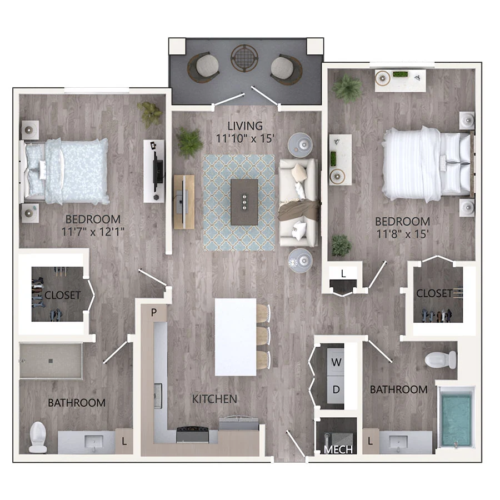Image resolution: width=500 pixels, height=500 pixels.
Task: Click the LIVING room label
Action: (245, 126)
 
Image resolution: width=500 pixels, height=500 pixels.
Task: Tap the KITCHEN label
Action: (214, 399)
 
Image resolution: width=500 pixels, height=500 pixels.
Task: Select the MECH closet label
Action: (338, 449)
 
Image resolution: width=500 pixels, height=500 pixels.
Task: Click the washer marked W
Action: (336, 362)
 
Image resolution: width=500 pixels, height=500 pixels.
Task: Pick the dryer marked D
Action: (336, 389)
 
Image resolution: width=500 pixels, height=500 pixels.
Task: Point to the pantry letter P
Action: (154, 313)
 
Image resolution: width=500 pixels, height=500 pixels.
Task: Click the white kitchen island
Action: (236, 337)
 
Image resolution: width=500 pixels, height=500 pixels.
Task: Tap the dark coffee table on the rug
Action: (244, 202)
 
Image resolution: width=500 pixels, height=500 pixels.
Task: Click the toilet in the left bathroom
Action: (38, 437)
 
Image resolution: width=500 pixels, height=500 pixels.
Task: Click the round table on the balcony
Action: (244, 58)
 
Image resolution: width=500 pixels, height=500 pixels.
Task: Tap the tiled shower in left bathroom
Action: (51, 361)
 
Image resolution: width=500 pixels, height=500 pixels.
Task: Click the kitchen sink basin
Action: (158, 396)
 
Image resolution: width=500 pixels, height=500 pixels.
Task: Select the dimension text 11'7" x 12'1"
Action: (93, 232)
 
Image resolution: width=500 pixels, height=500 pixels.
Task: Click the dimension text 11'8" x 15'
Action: (402, 234)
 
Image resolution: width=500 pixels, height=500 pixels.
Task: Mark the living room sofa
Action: (298, 203)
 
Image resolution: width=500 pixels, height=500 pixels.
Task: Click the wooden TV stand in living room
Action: (184, 202)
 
